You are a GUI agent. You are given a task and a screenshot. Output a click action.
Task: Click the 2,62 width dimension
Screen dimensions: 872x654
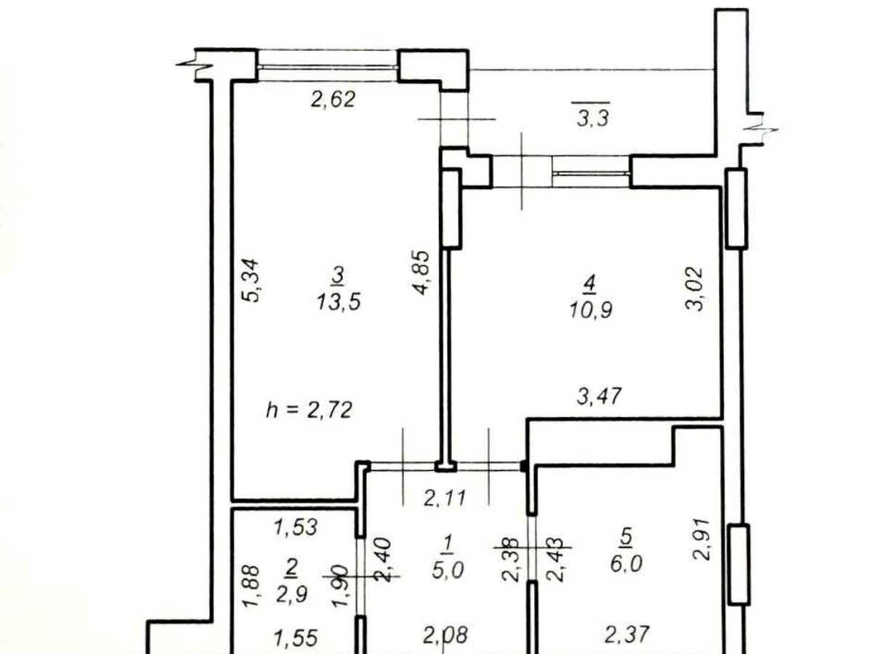pyautogui.click(x=333, y=100)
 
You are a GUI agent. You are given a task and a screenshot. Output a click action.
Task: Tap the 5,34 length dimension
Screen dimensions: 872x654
pyautogui.click(x=251, y=280)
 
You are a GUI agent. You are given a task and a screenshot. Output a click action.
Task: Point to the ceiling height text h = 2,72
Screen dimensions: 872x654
pyautogui.click(x=309, y=410)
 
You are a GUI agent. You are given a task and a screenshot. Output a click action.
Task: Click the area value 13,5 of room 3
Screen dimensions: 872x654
pyautogui.click(x=339, y=302)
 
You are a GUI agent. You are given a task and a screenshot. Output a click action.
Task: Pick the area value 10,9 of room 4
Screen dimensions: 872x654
pyautogui.click(x=591, y=310)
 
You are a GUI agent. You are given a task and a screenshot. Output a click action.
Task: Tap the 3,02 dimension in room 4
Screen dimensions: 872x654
pyautogui.click(x=695, y=290)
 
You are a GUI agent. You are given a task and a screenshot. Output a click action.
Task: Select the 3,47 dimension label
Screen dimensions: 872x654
pyautogui.click(x=599, y=396)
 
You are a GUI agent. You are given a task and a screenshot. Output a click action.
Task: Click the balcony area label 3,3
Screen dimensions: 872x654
pyautogui.click(x=592, y=118)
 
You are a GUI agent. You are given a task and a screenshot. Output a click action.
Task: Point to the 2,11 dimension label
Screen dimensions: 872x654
pyautogui.click(x=445, y=498)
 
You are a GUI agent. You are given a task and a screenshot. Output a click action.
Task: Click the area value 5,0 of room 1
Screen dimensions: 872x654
pyautogui.click(x=448, y=570)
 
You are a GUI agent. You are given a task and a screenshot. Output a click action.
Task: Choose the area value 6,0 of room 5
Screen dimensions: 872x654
pyautogui.click(x=626, y=564)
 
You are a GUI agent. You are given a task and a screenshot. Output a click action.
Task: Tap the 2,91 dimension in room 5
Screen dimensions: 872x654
pyautogui.click(x=701, y=539)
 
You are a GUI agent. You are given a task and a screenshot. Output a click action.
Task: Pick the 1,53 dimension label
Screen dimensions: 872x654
pyautogui.click(x=296, y=528)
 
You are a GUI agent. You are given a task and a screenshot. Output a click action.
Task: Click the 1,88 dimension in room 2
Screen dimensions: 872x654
pyautogui.click(x=252, y=586)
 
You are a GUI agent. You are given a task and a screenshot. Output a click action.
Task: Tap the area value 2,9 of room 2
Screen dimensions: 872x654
pyautogui.click(x=292, y=595)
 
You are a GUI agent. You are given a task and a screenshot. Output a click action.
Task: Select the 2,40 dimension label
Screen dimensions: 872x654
pyautogui.click(x=383, y=560)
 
